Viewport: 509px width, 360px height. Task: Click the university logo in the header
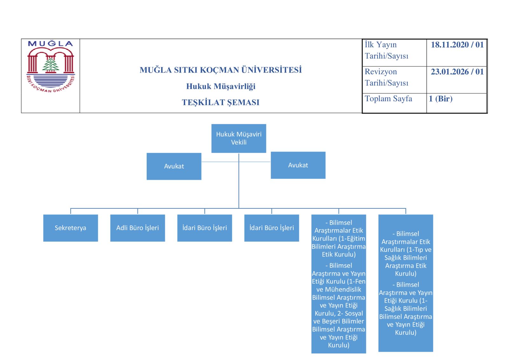click(x=51, y=67)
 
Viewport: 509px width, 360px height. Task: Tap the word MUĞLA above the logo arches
click(x=51, y=44)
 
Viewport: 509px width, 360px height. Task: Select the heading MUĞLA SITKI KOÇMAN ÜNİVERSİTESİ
click(x=220, y=70)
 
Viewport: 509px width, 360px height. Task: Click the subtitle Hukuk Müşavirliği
click(x=220, y=86)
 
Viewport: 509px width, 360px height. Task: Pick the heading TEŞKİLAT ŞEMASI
click(x=220, y=102)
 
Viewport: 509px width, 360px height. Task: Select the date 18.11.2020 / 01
click(x=457, y=45)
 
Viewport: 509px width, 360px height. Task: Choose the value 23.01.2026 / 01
click(x=457, y=72)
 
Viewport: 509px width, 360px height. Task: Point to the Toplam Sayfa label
click(x=388, y=99)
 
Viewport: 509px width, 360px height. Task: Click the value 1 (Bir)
click(x=441, y=99)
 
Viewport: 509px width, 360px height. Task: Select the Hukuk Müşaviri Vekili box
click(x=239, y=138)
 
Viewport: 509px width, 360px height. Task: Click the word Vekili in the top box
click(x=239, y=142)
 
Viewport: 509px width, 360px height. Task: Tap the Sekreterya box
click(x=70, y=228)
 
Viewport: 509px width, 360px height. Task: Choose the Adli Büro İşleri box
click(x=137, y=228)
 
